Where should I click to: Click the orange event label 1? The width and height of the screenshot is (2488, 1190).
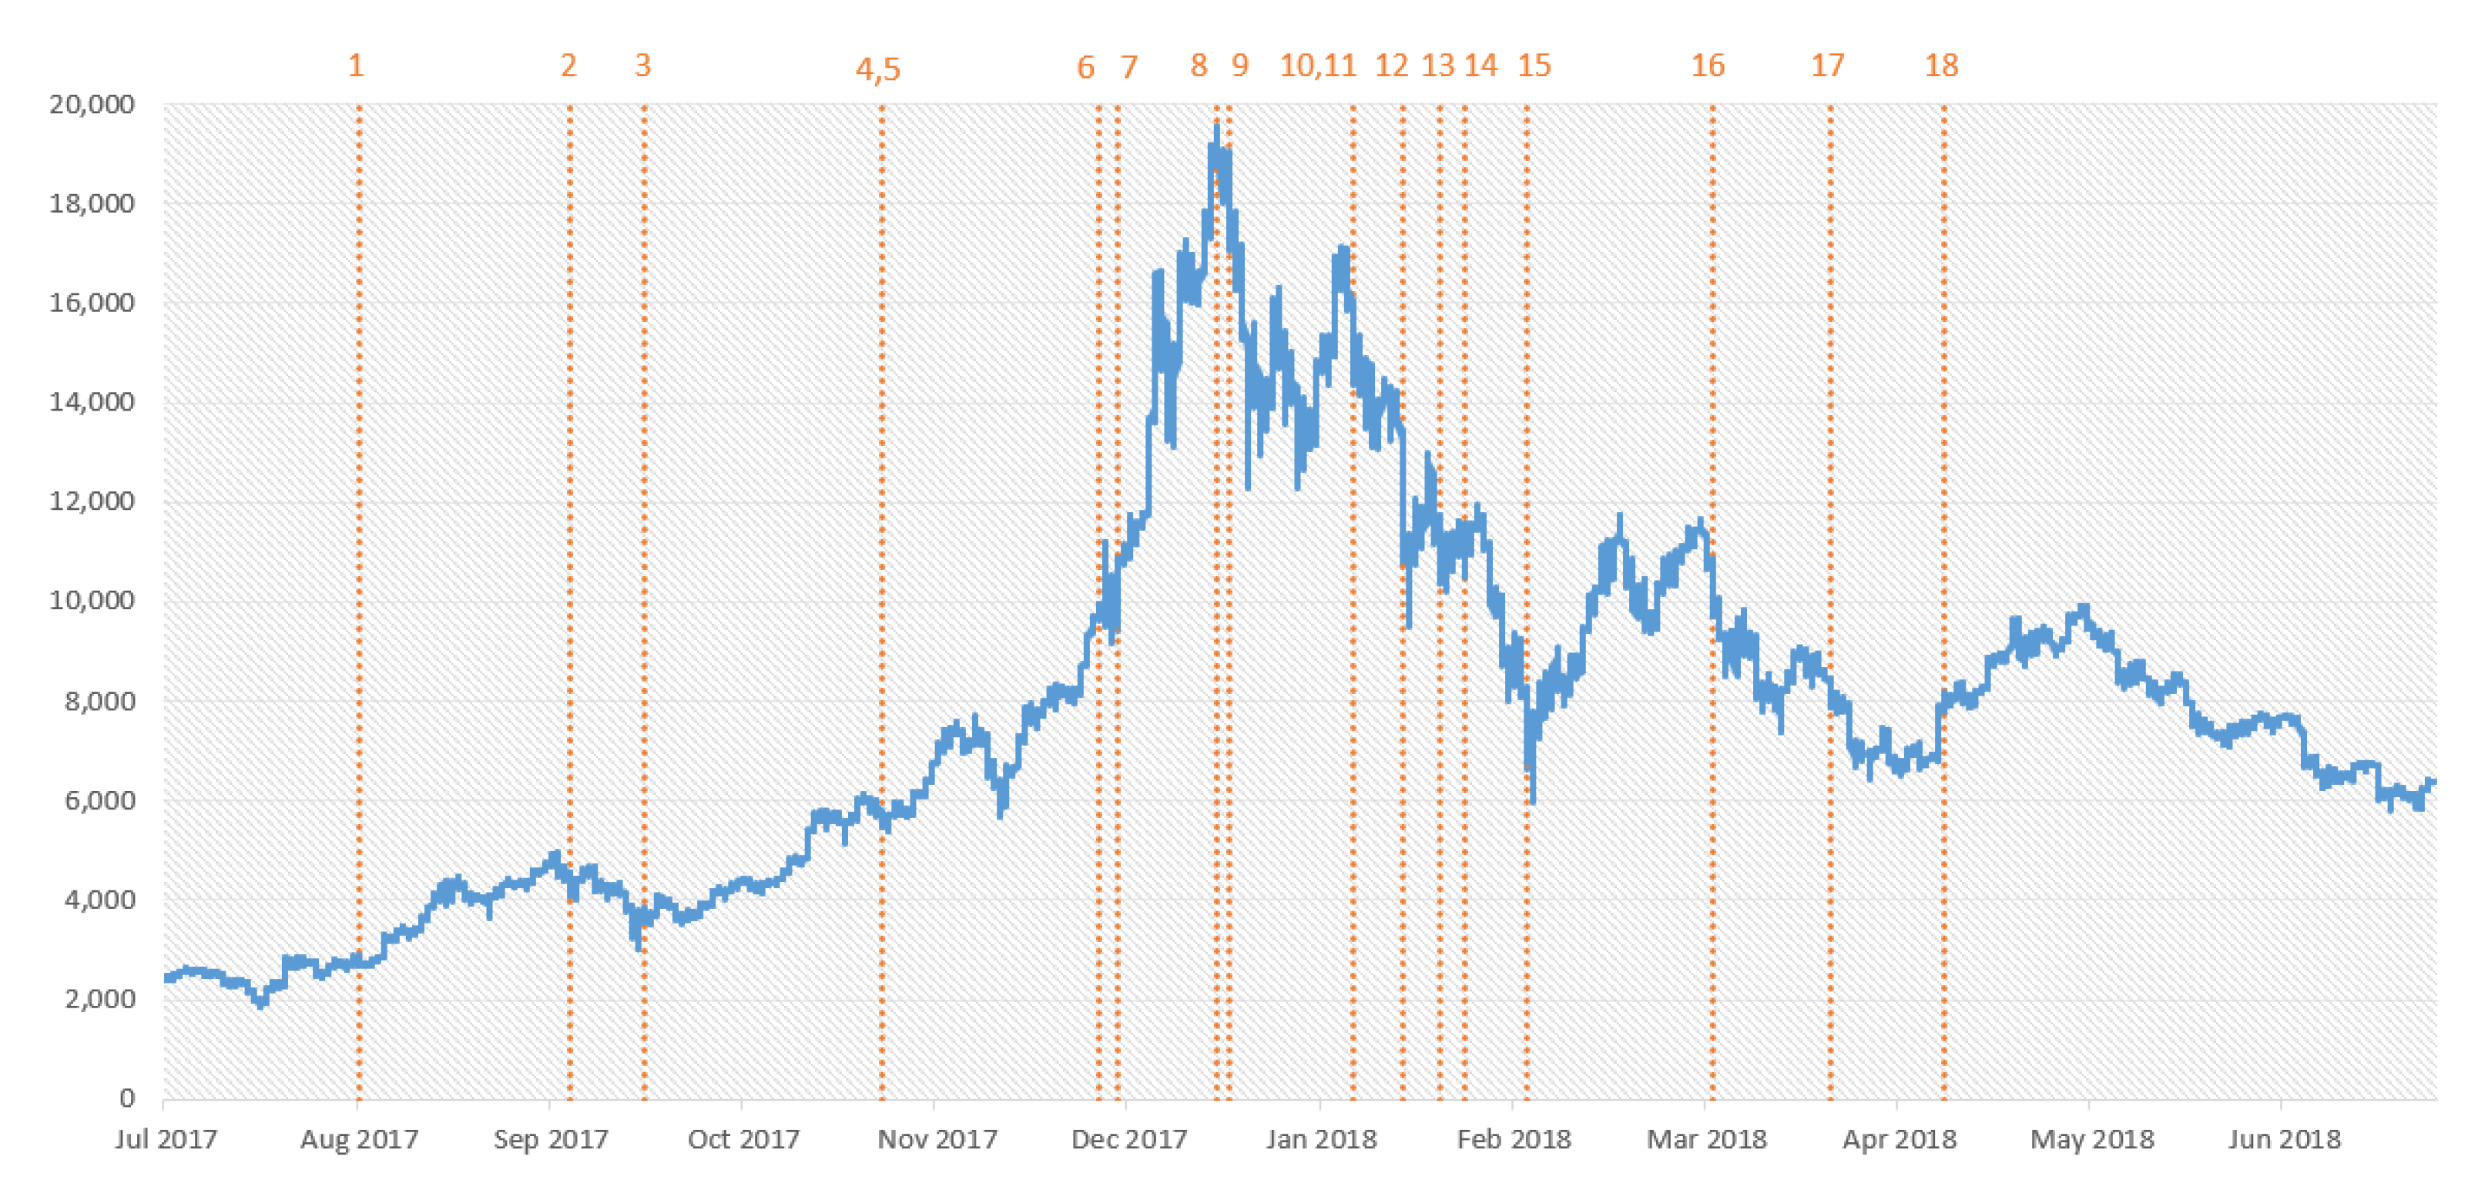click(x=357, y=65)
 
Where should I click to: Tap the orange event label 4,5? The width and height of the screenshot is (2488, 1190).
click(x=878, y=69)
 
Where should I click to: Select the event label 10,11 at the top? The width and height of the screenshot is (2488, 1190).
click(x=1317, y=65)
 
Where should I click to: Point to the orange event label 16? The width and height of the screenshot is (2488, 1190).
click(x=1707, y=65)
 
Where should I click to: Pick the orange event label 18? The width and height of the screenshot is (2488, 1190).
click(x=1941, y=65)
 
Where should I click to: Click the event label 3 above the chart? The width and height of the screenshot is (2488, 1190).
click(x=643, y=65)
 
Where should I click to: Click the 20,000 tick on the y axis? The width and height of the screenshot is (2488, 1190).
click(x=92, y=104)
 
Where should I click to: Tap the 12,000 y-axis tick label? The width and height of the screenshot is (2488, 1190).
click(x=92, y=501)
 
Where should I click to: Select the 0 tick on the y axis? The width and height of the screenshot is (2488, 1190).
click(x=126, y=1098)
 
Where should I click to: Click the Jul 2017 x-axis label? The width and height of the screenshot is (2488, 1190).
click(x=165, y=1140)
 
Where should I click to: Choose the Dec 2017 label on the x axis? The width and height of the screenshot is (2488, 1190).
click(x=1128, y=1140)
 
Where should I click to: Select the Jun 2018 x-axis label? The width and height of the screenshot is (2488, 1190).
click(x=2283, y=1140)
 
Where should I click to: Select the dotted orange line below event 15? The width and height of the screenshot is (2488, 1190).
click(x=1526, y=387)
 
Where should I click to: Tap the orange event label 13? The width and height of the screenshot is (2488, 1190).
click(x=1437, y=65)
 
